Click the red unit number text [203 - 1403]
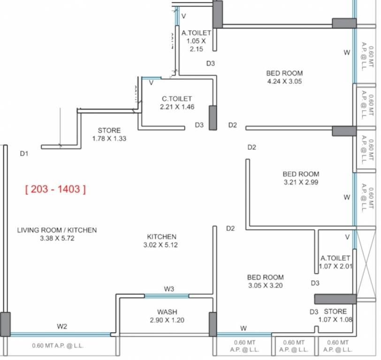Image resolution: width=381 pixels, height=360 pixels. tap(55, 189)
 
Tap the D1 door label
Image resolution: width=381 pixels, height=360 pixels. tap(24, 153)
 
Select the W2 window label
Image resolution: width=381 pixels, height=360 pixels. tap(62, 326)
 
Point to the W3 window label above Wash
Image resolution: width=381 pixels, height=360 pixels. tap(169, 289)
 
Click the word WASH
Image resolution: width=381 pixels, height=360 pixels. tap(167, 312)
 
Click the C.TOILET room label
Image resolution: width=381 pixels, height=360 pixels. tap(177, 99)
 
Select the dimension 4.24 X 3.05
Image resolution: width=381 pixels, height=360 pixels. tap(284, 81)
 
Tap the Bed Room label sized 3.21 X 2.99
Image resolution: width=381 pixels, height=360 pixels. tap(301, 174)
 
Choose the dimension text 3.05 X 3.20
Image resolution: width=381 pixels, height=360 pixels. tap(265, 285)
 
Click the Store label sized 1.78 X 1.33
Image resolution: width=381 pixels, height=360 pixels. tap(109, 130)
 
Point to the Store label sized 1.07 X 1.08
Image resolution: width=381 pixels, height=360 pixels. tap(335, 311)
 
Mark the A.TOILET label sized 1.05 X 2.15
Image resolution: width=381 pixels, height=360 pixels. tap(196, 33)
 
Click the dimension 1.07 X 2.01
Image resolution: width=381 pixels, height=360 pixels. tap(335, 266)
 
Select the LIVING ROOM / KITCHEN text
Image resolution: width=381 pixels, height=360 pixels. tap(57, 230)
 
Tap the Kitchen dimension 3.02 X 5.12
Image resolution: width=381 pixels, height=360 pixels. tap(161, 245)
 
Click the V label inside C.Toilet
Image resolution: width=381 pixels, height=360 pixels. tap(151, 83)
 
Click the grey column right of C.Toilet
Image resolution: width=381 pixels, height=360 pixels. tap(213, 118)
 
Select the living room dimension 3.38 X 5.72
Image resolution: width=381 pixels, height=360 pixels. tap(57, 238)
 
